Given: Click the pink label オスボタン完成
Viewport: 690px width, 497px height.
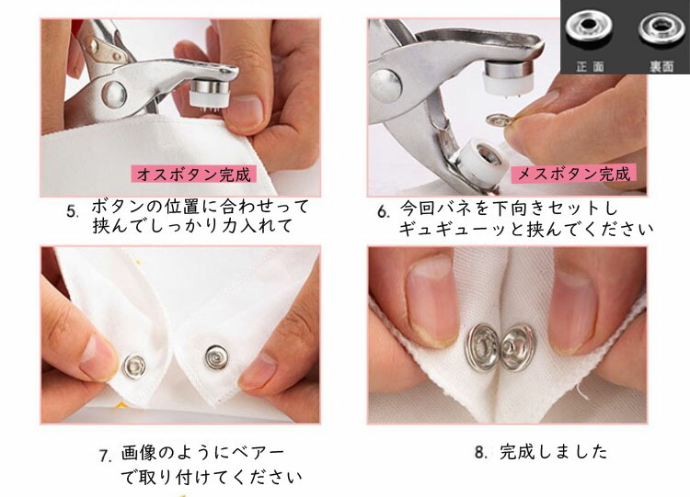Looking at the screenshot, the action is [193, 175].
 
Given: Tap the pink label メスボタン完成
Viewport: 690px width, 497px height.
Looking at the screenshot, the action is [574, 174].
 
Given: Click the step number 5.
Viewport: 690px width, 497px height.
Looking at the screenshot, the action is [73, 211].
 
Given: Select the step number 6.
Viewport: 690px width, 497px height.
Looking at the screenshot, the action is [384, 211].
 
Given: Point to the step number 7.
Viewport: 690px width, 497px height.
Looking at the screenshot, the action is [106, 456].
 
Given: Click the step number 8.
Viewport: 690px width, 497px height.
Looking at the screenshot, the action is [480, 452].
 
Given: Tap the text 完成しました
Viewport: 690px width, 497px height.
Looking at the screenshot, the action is [554, 452].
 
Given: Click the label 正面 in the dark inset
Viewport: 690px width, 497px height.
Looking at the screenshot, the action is [590, 66].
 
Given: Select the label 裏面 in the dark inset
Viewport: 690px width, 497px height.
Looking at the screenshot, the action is [661, 66].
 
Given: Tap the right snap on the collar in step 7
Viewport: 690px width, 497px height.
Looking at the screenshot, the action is [217, 356].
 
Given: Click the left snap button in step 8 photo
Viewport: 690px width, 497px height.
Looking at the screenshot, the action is [482, 346].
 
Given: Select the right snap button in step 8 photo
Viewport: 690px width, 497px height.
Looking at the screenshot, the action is [518, 348].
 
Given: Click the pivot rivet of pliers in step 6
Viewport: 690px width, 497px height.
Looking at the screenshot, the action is [385, 85].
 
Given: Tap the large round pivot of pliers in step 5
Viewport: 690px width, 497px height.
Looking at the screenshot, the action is [113, 95].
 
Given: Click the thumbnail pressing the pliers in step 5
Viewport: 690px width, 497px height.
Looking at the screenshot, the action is [244, 110].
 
